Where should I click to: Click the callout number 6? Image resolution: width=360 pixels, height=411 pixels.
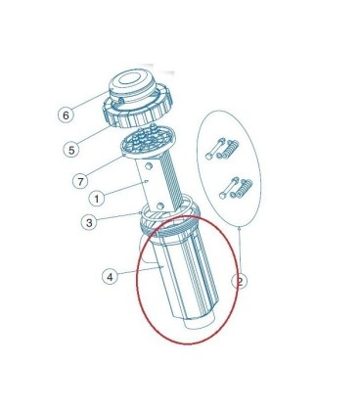tap(66, 114)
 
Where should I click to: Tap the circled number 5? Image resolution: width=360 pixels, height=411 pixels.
tap(71, 150)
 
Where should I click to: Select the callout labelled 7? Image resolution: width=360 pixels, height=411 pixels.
tap(80, 181)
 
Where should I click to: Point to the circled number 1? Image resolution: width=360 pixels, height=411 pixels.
tap(97, 198)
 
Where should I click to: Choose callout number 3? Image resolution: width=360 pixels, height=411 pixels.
tap(89, 223)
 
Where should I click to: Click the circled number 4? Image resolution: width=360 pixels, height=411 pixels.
tap(110, 277)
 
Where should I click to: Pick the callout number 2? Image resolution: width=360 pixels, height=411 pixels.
tap(240, 281)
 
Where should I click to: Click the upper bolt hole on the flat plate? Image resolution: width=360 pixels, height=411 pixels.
tap(149, 166)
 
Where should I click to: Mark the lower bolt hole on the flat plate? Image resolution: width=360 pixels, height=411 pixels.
tap(159, 205)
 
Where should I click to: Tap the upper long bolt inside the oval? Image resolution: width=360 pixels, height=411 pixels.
tap(215, 148)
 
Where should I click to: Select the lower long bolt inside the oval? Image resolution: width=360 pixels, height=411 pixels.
tap(229, 188)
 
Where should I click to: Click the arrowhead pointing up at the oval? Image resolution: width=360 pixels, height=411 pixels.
tap(241, 229)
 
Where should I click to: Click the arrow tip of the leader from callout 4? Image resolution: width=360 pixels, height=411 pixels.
tap(163, 267)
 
